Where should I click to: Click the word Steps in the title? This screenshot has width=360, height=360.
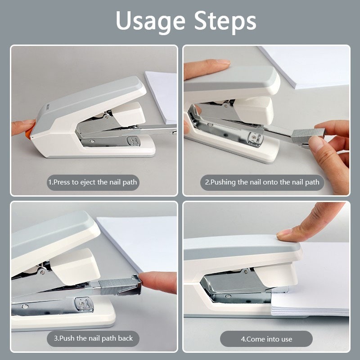(225, 21)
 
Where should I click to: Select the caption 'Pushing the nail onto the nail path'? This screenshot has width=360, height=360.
(262, 182)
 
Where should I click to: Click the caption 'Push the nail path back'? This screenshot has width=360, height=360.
(93, 338)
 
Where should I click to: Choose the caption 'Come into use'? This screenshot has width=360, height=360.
(266, 339)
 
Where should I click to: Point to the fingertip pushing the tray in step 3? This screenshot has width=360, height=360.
(156, 283)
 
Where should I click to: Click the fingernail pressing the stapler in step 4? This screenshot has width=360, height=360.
(284, 233)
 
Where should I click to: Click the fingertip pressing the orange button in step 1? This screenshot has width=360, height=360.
(23, 127)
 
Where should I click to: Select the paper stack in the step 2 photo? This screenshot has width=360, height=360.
(306, 67)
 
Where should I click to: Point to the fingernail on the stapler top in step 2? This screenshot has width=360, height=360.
(222, 62)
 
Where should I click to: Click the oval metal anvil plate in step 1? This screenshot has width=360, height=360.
(133, 141)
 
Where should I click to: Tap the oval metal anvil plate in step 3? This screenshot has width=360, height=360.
(84, 305)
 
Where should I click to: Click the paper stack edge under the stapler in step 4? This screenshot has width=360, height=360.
(310, 311)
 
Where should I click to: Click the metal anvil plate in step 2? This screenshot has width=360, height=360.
(255, 139)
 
